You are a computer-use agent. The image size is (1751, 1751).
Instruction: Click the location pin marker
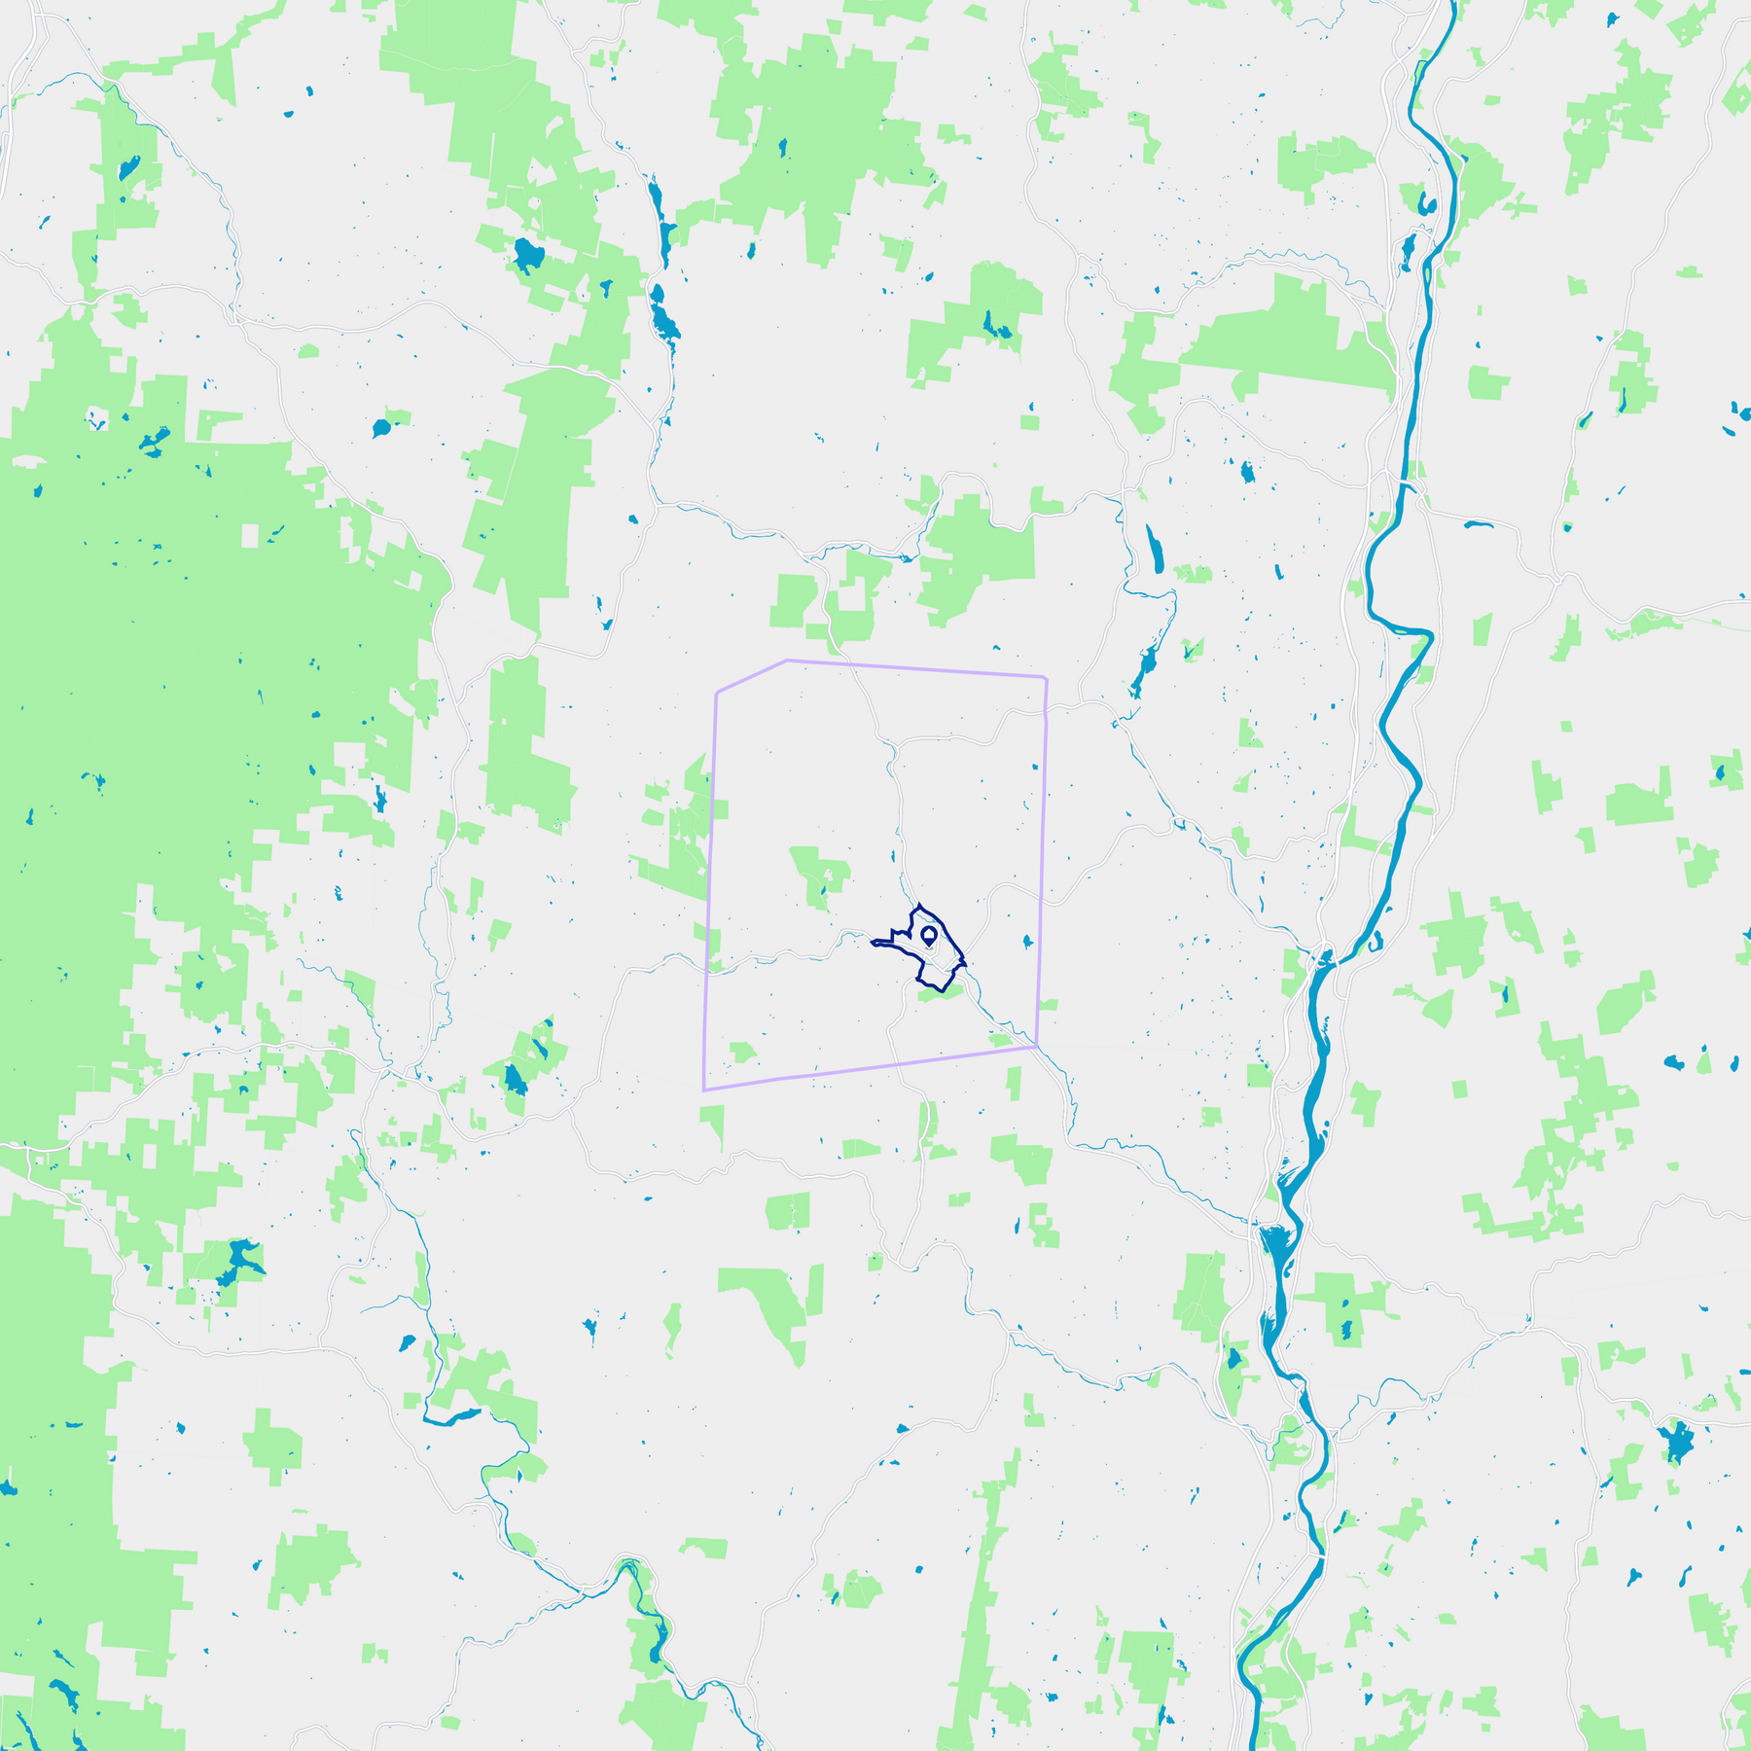(928, 936)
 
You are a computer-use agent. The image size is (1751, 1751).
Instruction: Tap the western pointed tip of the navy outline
(872, 942)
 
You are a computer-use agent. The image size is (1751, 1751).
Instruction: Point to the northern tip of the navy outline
(919, 904)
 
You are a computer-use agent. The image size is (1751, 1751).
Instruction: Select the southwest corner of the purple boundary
(703, 1090)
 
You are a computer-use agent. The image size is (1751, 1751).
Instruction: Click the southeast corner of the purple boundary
(1037, 1047)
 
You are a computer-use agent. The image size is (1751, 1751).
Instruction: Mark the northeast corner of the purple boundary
(1046, 677)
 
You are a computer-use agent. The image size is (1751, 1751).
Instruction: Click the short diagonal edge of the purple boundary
(751, 676)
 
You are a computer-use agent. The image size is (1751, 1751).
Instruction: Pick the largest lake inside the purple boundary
(1027, 942)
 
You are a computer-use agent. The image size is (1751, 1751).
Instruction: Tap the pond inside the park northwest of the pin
(823, 888)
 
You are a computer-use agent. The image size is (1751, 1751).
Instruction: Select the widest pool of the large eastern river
(1274, 1245)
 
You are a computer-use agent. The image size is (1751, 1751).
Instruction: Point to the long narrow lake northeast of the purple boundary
(1155, 551)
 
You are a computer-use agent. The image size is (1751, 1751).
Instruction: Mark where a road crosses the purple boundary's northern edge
(850, 664)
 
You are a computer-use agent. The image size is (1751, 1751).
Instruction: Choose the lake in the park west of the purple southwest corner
(515, 1079)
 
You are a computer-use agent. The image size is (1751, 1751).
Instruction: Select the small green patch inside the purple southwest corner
(742, 1053)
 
